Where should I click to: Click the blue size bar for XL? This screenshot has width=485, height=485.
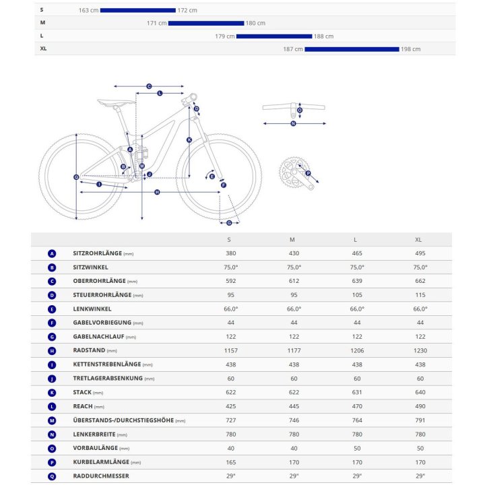point(352,49)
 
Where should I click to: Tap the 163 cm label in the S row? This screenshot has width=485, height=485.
point(88,10)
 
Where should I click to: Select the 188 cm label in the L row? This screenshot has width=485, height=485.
point(323,36)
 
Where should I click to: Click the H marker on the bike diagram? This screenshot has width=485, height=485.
point(157,193)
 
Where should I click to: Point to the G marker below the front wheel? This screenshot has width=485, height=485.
point(229,223)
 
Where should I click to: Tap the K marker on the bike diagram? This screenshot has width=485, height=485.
point(189,140)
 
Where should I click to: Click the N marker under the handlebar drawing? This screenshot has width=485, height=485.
point(293,124)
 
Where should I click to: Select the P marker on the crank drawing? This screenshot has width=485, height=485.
point(308,173)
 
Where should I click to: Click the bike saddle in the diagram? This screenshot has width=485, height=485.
point(117,102)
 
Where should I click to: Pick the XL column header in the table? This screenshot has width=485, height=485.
point(418,240)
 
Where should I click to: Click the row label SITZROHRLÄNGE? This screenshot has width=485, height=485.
point(98,253)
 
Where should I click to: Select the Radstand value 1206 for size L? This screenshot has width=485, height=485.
point(357,350)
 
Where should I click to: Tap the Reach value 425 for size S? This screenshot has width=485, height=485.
point(231,406)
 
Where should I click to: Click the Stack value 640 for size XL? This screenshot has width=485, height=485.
point(420,392)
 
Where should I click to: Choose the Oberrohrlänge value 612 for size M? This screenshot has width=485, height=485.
point(294,281)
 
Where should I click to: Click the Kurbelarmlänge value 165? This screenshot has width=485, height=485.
point(231,462)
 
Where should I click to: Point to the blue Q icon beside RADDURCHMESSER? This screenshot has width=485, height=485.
point(52,477)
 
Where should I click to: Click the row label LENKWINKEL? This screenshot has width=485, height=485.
point(92,309)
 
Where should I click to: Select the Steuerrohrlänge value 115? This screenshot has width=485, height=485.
point(420,295)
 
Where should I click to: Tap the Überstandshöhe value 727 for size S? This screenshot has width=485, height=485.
point(231,420)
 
